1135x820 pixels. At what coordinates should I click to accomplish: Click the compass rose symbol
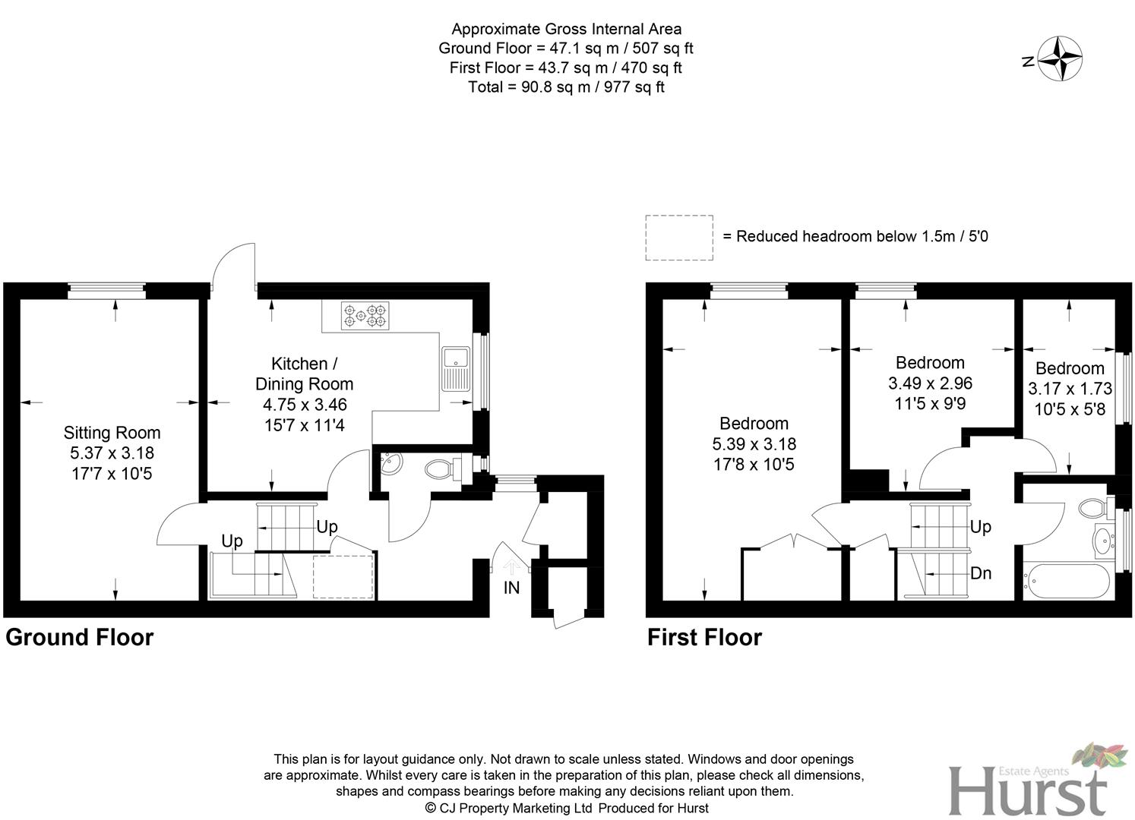tap(1061, 59)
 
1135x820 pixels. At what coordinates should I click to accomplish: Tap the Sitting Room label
tap(112, 433)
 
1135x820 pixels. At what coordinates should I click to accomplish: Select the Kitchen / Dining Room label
tap(304, 374)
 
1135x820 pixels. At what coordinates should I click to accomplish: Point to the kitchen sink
tap(457, 369)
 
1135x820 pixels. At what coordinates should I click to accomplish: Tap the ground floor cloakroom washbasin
tap(391, 464)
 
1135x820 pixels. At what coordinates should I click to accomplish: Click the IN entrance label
tap(511, 588)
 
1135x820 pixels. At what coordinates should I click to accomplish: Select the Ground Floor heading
tap(79, 637)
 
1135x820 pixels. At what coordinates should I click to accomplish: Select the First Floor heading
tap(704, 637)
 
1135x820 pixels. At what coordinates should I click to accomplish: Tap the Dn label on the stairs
tap(981, 573)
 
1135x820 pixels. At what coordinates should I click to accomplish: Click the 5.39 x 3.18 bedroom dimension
tap(754, 443)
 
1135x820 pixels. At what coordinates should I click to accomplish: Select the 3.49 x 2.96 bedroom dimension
tap(930, 383)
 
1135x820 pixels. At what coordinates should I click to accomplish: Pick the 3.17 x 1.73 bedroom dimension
tap(1070, 389)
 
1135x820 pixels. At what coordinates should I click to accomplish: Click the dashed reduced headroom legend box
tap(679, 238)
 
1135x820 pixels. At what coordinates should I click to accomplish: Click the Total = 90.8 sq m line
tap(566, 87)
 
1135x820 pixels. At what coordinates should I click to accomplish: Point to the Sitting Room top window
tap(106, 287)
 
